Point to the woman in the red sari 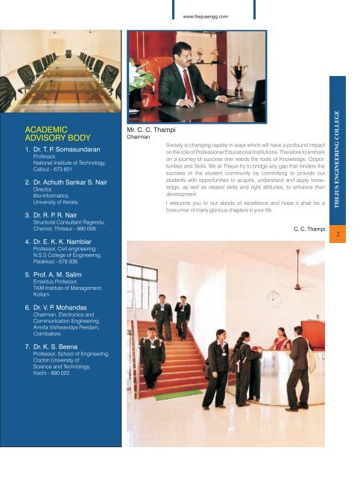282,344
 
